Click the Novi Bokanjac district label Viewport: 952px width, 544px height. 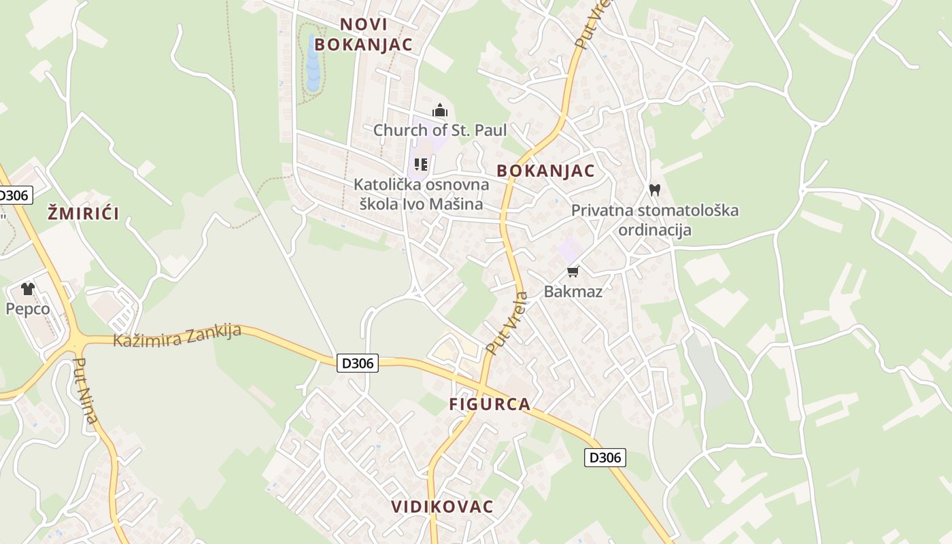pos(364,34)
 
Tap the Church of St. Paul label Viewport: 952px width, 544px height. pos(440,130)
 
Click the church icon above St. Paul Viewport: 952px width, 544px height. pos(440,110)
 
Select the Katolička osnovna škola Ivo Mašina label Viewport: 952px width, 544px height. pos(421,194)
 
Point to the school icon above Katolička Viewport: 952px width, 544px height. pos(421,165)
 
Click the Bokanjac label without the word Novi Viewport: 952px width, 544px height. pos(545,171)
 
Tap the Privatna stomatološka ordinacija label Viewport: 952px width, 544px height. pos(654,220)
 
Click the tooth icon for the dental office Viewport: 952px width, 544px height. pos(655,190)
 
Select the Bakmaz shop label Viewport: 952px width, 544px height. pos(573,292)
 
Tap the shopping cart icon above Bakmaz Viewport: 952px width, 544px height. pos(573,272)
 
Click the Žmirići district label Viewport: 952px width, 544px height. pos(84,214)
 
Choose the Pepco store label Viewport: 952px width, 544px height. pos(28,309)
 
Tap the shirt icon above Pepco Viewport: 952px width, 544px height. pos(28,289)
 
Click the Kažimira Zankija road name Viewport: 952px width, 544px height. pos(177,335)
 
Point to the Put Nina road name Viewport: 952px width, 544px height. pos(86,390)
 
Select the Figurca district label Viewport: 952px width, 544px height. pos(490,404)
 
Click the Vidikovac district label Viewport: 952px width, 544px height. pos(442,507)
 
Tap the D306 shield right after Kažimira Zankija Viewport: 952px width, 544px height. pos(358,363)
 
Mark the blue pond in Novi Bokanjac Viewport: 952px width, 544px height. pos(313,65)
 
